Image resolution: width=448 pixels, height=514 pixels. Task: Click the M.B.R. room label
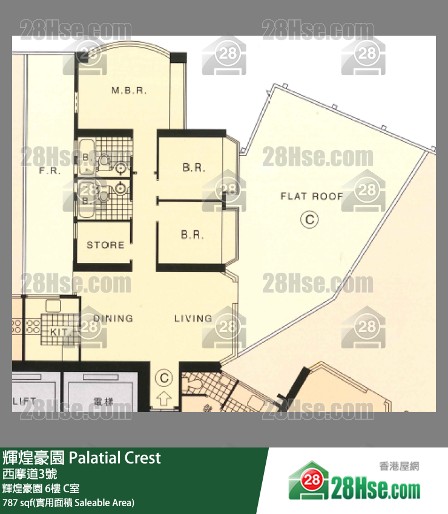click(129, 91)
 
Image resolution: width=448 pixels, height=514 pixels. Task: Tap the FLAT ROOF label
click(311, 197)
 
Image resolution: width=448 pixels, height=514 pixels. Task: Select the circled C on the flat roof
click(309, 220)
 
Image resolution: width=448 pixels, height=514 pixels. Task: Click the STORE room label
click(105, 245)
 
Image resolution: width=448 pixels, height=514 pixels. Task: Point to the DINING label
click(113, 318)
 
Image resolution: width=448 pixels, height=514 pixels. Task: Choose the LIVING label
click(193, 318)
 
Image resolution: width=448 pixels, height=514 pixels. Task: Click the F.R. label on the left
click(49, 171)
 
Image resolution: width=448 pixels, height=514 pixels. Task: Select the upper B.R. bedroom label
click(194, 168)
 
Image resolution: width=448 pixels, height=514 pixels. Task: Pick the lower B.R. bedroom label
click(193, 235)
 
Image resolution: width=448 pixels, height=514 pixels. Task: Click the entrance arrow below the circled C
click(163, 399)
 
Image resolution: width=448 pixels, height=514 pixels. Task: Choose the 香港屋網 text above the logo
click(399, 466)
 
